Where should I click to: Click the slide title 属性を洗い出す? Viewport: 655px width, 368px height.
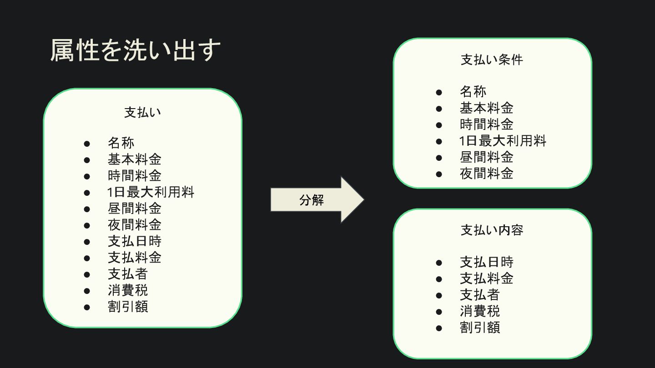[135, 50]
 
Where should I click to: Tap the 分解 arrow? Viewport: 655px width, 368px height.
[312, 200]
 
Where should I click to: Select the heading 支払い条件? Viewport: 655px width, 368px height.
[492, 60]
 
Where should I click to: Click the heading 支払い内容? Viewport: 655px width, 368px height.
[492, 230]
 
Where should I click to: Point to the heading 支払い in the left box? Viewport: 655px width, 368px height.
[142, 112]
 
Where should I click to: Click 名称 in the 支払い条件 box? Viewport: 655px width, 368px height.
[473, 92]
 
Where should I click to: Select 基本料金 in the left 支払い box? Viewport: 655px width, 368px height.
[134, 159]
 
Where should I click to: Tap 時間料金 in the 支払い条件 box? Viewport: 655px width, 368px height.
[486, 124]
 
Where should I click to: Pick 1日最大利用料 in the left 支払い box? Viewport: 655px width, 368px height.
[151, 192]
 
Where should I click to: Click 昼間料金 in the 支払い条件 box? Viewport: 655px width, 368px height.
[486, 157]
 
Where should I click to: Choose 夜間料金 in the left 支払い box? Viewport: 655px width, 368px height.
[134, 225]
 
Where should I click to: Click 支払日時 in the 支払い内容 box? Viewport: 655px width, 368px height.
[486, 262]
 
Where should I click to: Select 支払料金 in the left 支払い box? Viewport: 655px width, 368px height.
[134, 258]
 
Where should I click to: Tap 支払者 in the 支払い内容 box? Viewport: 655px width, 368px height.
[479, 295]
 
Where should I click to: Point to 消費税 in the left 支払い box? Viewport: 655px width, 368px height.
[127, 290]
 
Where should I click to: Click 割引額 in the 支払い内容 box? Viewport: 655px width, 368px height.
[479, 328]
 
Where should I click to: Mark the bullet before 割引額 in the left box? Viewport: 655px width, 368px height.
[87, 307]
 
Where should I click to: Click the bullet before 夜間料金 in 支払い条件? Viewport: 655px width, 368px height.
[439, 174]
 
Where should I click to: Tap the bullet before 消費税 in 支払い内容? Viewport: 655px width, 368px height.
[439, 312]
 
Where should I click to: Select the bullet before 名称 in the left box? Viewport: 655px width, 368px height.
[87, 144]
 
